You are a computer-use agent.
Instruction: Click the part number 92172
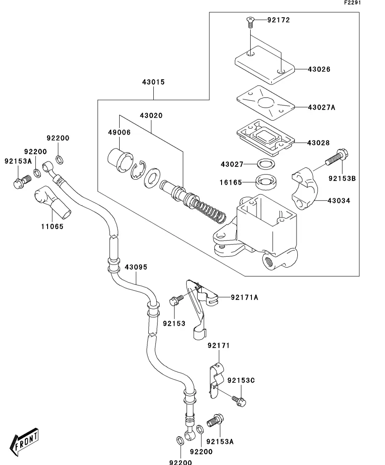[x=278, y=20]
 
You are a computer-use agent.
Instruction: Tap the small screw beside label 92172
[x=250, y=21]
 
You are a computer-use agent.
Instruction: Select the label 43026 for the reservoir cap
[x=319, y=69]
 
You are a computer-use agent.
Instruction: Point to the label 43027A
[x=321, y=107]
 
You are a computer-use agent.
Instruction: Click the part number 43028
[x=318, y=143]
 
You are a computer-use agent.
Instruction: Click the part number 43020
[x=151, y=116]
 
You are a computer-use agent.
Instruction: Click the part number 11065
[x=52, y=226]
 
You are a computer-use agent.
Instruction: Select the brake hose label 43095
[x=136, y=267]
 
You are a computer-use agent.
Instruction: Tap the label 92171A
[x=244, y=298]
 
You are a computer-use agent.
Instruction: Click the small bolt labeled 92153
[x=176, y=300]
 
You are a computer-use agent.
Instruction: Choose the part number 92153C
[x=241, y=380]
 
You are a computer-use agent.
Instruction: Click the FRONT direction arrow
[x=26, y=444]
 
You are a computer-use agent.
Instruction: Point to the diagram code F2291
[x=353, y=3]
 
